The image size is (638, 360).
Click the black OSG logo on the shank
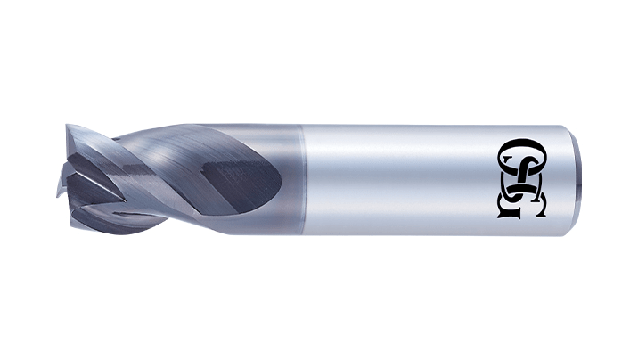pos(521,178)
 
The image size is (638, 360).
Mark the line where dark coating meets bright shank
pos(304,180)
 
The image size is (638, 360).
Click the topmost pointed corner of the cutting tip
pos(67,126)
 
